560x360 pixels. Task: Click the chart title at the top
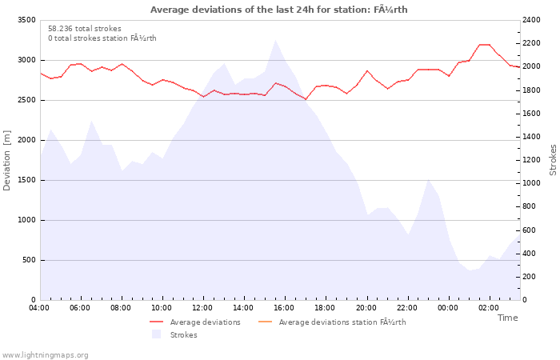pos(278,10)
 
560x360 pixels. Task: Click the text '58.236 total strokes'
pos(85,29)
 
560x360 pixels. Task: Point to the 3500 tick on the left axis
pos(26,20)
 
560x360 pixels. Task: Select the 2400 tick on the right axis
pos(531,20)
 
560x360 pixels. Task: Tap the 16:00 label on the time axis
pos(284,308)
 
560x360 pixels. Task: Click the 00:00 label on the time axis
pos(448,308)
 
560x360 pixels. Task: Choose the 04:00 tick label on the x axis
pos(39,308)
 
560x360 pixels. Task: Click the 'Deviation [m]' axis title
pos(6,160)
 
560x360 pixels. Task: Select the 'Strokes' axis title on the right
pos(553,160)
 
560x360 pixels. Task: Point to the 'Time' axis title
pos(507,318)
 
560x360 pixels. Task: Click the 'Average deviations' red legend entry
pos(195,322)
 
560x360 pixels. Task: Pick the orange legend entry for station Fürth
pos(332,322)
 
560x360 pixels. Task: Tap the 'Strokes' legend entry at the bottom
pos(174,334)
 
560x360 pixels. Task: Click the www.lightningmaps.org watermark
pos(45,355)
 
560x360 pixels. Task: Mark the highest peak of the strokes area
pos(275,40)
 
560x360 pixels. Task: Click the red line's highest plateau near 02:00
pos(484,45)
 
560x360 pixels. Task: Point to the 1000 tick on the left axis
pos(26,220)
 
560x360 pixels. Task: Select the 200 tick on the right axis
pos(529,277)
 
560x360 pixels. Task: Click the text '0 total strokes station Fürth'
pos(102,38)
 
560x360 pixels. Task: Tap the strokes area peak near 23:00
pos(428,180)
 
